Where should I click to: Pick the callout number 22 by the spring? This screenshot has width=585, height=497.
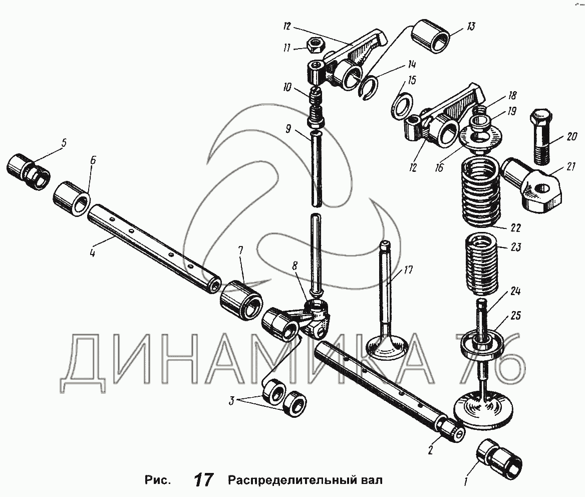click(x=515, y=228)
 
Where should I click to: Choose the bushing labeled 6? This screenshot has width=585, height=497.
click(x=72, y=199)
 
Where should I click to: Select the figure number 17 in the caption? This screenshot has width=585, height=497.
click(x=203, y=480)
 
